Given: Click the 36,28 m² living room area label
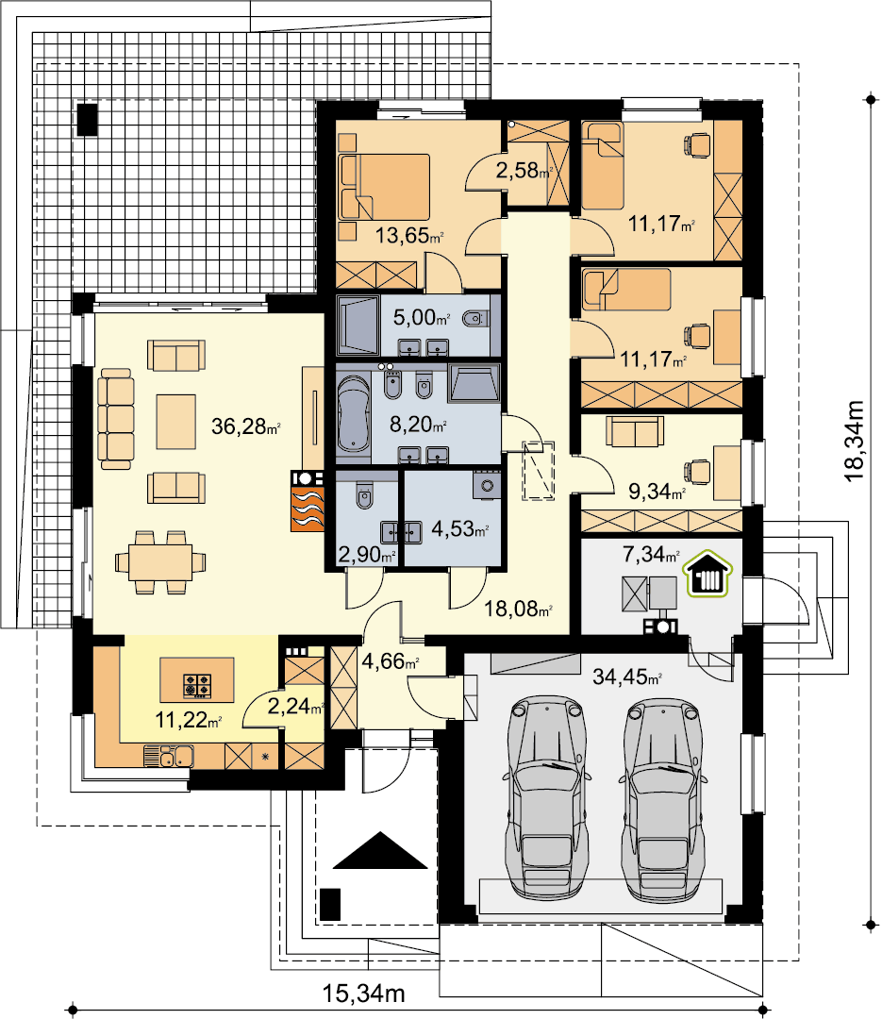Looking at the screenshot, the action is coord(245,427).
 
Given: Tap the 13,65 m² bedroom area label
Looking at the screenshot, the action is coord(409,235).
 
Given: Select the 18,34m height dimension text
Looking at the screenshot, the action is coord(855,442).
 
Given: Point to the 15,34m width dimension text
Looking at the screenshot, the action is coord(364,994).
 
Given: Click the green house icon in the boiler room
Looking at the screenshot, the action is coord(707,574).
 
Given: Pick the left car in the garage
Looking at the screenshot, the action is coord(547,798).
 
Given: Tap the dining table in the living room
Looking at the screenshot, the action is coord(160,562).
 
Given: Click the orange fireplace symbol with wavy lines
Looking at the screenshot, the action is coord(307,501).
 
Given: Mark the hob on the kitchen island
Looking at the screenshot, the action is coord(197,686).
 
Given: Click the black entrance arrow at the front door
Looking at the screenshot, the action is coord(380,851).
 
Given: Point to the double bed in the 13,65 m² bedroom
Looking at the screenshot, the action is coord(385,187).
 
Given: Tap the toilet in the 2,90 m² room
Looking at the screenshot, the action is coord(365,496).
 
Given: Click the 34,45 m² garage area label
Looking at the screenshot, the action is coord(627,677).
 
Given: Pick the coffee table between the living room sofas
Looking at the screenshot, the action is coord(176,421).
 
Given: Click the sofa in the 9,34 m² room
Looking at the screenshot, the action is coord(635,431).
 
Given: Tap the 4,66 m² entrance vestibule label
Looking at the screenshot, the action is coord(390,662).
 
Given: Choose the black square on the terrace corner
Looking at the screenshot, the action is coord(87,120).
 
